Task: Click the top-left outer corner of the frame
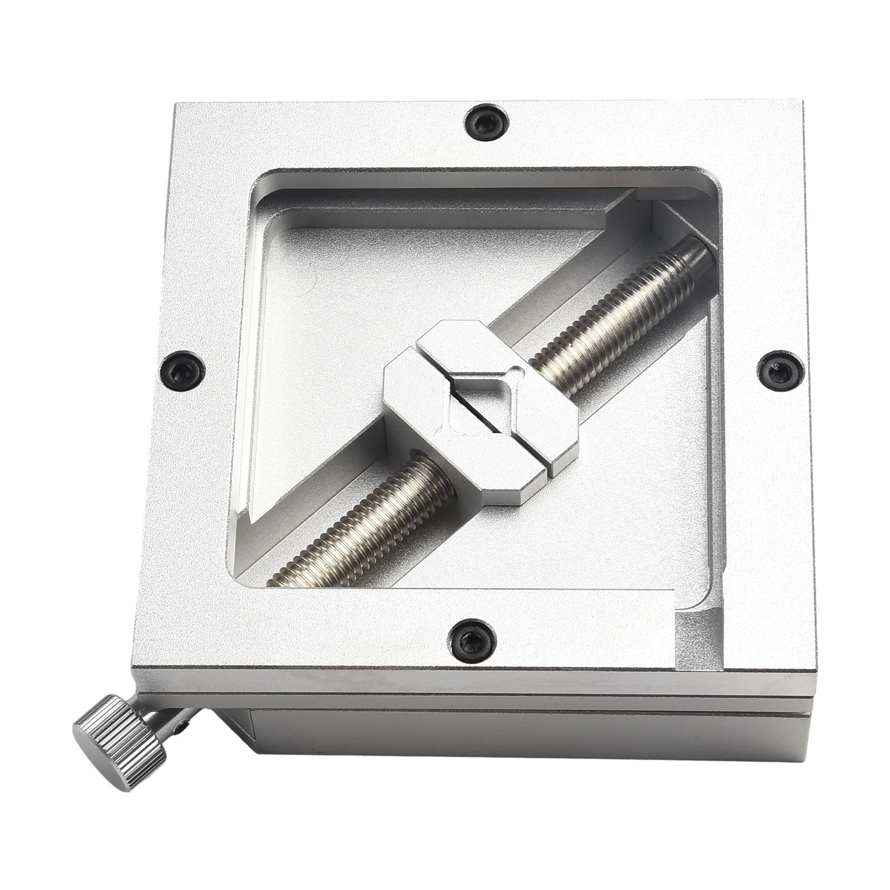(177, 106)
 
